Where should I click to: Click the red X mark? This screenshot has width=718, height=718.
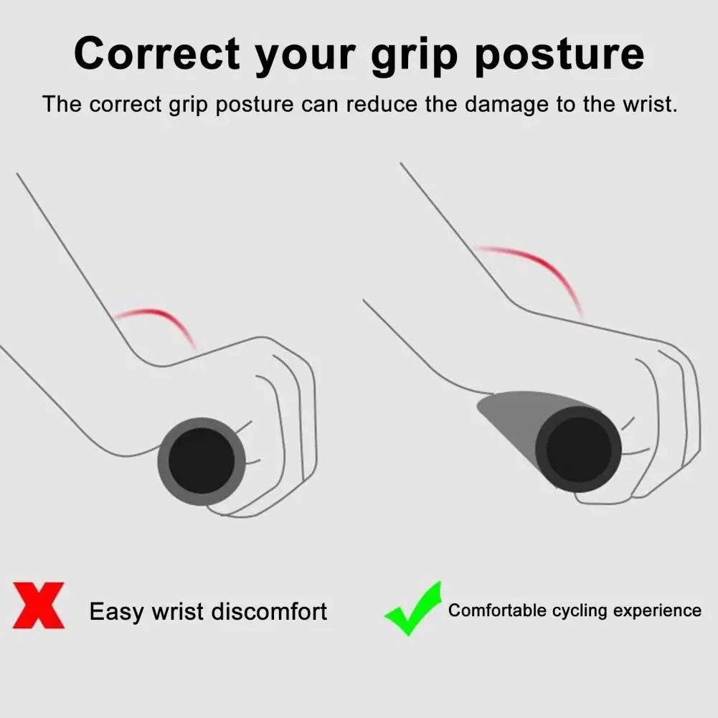pos(39,605)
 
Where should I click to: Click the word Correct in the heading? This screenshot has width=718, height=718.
pos(157,54)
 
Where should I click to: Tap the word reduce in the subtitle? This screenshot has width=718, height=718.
pos(382,104)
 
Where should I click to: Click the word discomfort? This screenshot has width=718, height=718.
pos(269,611)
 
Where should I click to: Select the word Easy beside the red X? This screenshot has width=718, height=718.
pos(117,613)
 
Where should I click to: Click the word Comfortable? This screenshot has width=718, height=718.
pos(497,610)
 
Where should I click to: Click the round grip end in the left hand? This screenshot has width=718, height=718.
pos(202,461)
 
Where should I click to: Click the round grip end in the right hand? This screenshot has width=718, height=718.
pos(578,449)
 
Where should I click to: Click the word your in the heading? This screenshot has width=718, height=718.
pos(306,57)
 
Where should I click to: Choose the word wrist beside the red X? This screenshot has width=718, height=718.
pos(178,611)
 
